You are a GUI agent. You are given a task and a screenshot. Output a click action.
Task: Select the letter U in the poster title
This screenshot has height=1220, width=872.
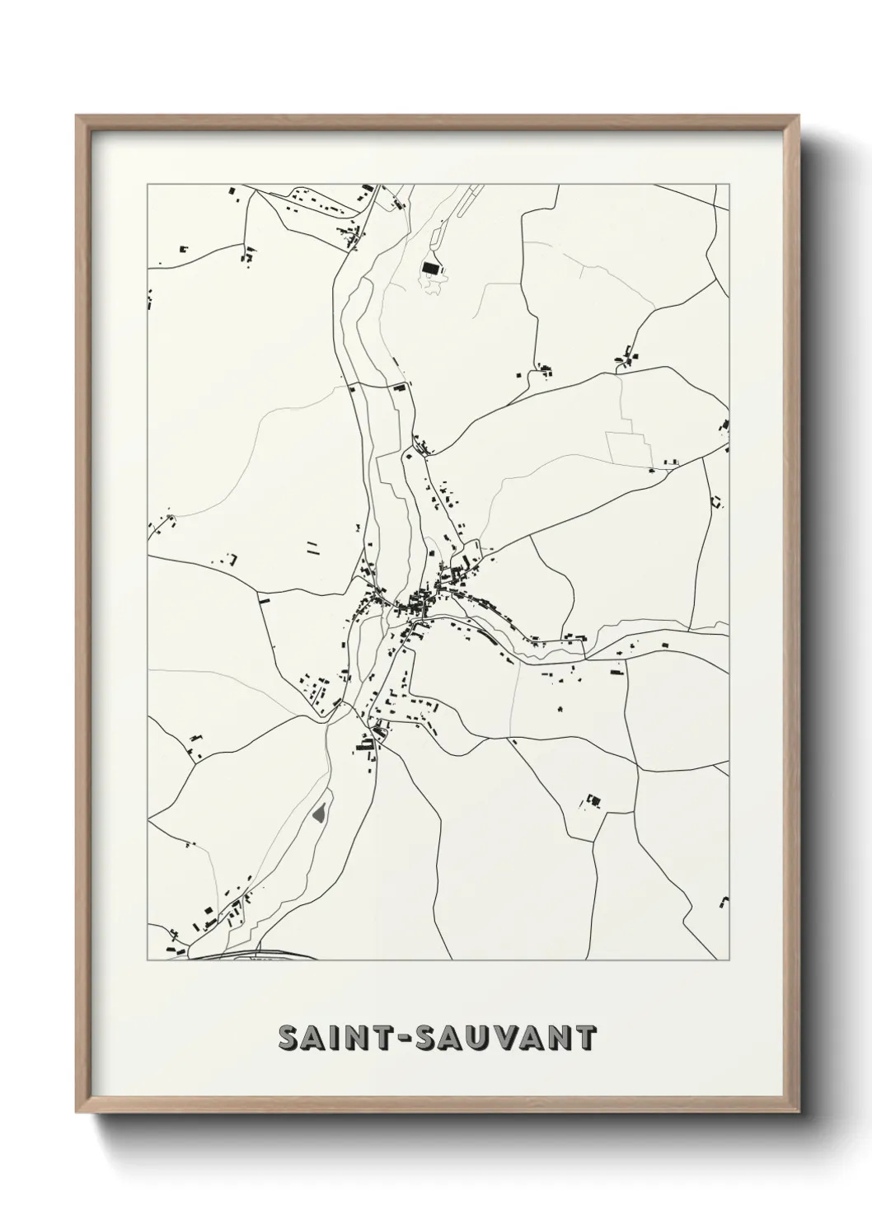[484, 1038]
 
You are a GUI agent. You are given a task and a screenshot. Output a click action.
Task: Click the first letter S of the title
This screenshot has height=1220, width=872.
[289, 1038]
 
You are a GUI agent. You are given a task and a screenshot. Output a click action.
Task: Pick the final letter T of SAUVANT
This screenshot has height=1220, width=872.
[584, 1038]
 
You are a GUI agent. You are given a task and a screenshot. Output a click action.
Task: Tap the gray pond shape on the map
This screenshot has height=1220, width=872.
[320, 815]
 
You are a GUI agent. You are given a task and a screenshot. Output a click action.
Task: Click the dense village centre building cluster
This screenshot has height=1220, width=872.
[420, 604]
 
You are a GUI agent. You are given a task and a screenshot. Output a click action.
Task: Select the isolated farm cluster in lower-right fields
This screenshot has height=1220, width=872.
[593, 800]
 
